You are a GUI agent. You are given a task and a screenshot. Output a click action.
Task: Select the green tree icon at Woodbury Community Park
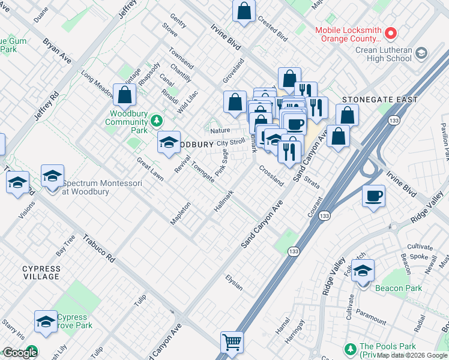(x=157, y=121)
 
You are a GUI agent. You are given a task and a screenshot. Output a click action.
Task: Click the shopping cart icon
(x=232, y=343)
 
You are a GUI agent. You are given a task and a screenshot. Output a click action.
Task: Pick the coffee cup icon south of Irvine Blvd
(x=373, y=196)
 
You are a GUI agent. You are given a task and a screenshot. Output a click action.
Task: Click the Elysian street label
(x=234, y=283)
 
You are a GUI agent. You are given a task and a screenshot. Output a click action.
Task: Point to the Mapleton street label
(x=180, y=213)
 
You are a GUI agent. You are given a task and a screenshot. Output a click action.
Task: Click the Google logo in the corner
(x=19, y=353)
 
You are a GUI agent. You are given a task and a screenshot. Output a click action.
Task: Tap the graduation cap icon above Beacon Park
(x=363, y=271)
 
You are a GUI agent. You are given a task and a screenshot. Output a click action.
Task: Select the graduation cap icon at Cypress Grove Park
(x=46, y=322)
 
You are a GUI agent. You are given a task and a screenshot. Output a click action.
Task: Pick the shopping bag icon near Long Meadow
(x=124, y=95)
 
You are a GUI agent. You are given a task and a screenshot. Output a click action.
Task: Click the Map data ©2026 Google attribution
(x=412, y=355)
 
